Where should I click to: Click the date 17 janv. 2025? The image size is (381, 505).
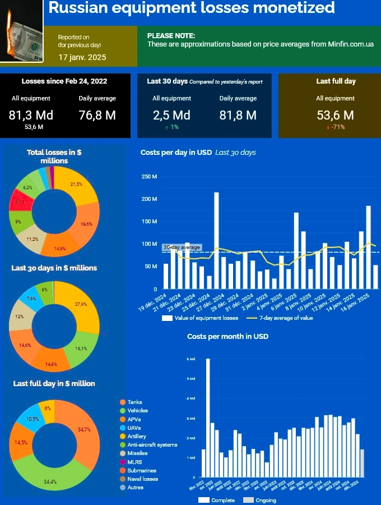(x=82, y=57)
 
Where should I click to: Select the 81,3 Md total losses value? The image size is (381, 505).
(x=31, y=115)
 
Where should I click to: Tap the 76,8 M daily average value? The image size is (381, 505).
(x=97, y=115)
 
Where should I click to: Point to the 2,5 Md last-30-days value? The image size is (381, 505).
(x=171, y=115)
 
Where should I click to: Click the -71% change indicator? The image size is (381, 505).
(x=336, y=127)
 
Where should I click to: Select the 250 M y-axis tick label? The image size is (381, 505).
(x=150, y=177)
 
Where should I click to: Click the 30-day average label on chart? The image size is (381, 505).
(x=181, y=247)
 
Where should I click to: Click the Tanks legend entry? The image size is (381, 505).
(x=134, y=402)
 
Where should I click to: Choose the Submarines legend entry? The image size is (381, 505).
(x=142, y=470)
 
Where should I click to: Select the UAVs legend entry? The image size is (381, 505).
(x=134, y=428)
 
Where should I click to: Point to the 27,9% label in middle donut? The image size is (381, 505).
(x=80, y=304)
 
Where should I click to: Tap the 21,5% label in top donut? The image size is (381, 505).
(x=76, y=184)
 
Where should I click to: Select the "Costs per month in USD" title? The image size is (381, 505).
(x=227, y=337)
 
